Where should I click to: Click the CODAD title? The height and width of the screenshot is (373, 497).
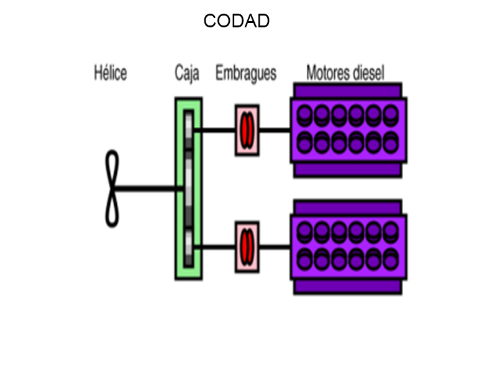236,22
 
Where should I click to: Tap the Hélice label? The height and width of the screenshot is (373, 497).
110,73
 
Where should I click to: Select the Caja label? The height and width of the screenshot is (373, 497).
187,74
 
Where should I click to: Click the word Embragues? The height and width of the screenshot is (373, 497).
246,74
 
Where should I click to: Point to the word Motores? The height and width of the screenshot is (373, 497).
328,73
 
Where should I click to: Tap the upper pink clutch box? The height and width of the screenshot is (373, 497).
247,130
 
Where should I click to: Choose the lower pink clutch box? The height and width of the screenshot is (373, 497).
247,247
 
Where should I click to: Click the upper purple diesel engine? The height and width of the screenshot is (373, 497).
348,131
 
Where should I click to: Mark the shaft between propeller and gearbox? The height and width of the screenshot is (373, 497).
149,188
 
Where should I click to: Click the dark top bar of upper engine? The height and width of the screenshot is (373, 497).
348,90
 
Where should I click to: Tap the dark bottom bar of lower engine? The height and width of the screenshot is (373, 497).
348,287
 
